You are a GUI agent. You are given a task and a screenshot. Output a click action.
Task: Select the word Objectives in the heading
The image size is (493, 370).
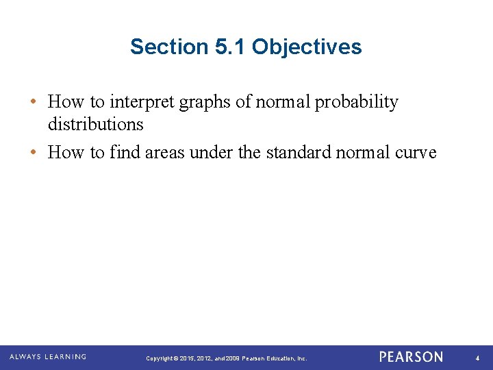point(307,47)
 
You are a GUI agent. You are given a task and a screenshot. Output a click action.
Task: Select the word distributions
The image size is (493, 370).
point(95,125)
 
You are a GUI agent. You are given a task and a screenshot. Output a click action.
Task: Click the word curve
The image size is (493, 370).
point(414,153)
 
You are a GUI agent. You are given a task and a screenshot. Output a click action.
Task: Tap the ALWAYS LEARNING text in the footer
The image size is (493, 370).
point(48,357)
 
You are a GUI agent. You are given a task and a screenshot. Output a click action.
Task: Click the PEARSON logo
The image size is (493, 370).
point(411,357)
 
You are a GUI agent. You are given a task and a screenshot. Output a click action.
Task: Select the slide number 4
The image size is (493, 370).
point(477,358)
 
